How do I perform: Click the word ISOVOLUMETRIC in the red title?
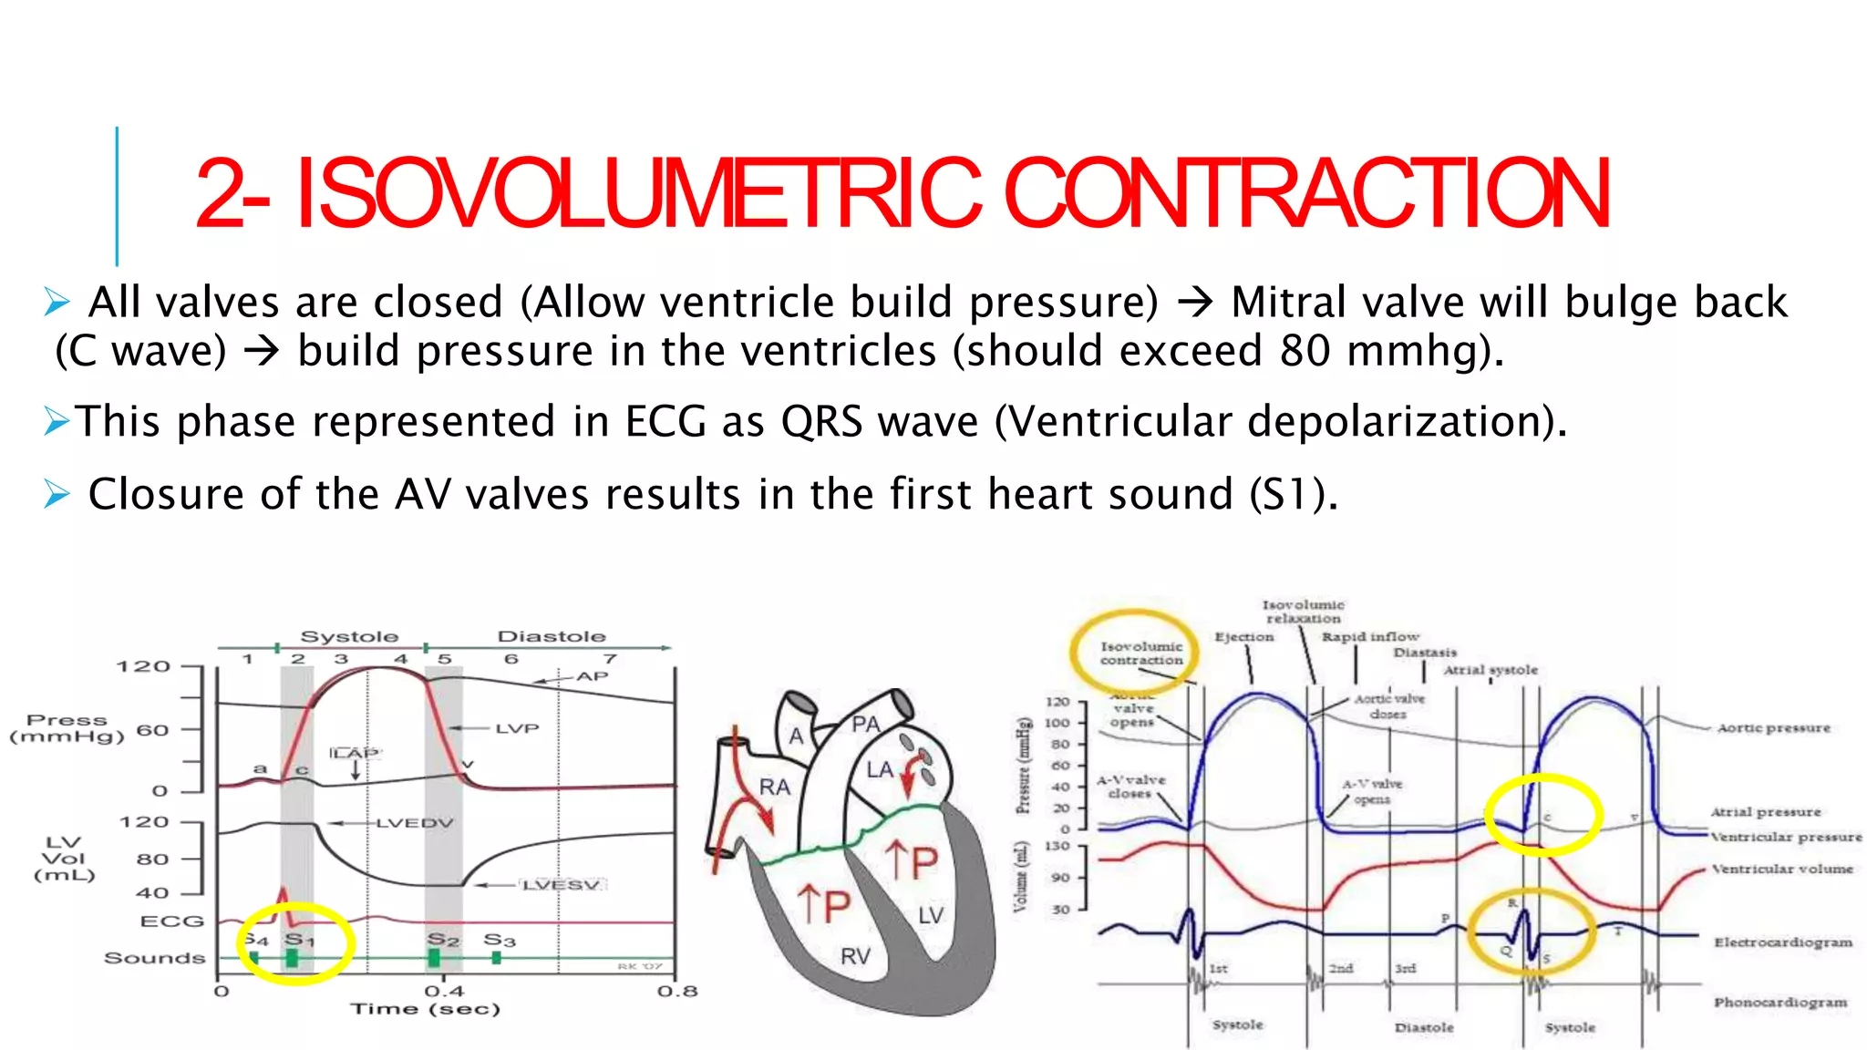click(638, 193)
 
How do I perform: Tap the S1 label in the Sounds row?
click(299, 939)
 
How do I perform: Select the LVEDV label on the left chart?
click(415, 823)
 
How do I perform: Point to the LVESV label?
click(562, 885)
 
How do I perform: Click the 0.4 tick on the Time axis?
click(444, 991)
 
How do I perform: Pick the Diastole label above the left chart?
click(551, 636)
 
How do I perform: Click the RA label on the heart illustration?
click(774, 787)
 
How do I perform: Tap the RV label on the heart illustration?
click(855, 956)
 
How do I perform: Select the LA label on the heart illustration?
click(880, 770)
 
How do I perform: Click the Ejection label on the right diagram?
click(1243, 637)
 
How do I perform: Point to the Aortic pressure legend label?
click(1773, 728)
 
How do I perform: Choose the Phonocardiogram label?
click(1780, 1003)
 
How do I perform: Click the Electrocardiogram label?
click(1783, 942)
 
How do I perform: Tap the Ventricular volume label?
click(1781, 870)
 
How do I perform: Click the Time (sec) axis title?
click(426, 1009)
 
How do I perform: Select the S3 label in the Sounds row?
click(499, 940)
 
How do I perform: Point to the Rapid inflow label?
click(1370, 637)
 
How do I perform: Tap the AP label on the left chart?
click(592, 676)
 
